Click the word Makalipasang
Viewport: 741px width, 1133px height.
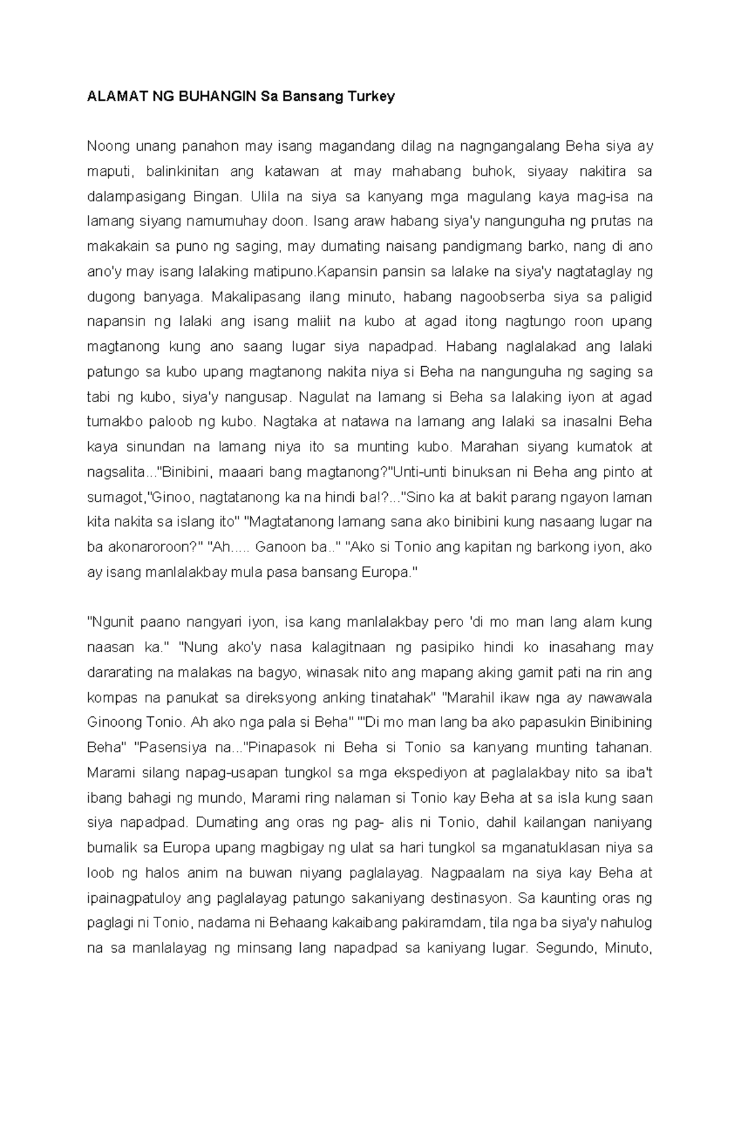[x=254, y=297]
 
